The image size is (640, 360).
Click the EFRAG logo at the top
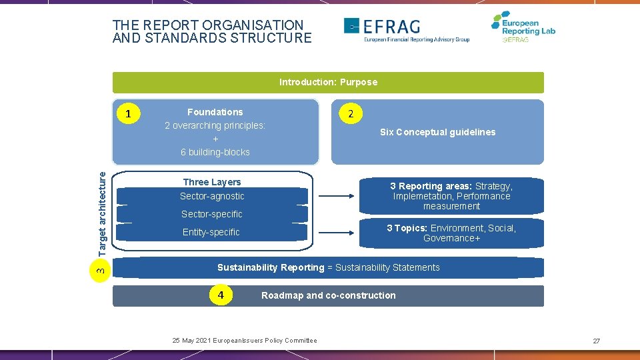point(406,29)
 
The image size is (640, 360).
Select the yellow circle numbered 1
point(129,115)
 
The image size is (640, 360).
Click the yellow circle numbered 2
point(351,114)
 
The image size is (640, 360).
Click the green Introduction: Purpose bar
point(328,82)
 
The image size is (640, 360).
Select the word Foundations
point(215,112)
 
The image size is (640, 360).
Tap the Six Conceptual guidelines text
point(437,132)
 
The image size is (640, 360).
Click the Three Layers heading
point(212,182)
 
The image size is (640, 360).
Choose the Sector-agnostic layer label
point(212,196)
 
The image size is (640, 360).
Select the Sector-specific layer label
point(212,214)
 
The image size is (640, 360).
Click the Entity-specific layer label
point(211,232)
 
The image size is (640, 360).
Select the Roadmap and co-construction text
point(328,295)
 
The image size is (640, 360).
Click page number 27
point(596,341)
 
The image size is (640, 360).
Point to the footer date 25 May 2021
point(192,341)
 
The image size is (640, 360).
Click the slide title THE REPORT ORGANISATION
point(207,25)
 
